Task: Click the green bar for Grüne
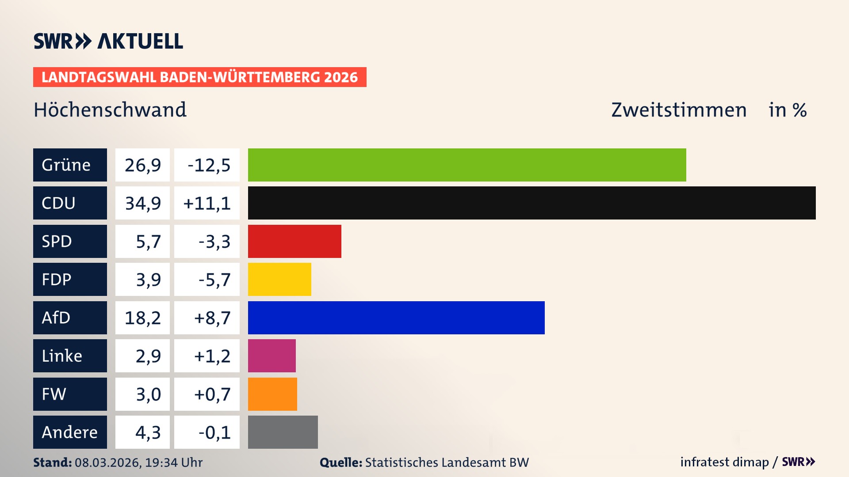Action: coord(467,165)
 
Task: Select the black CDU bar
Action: coord(532,203)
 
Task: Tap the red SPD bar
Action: coord(294,241)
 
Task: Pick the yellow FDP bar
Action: coord(279,279)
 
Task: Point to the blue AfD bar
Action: coord(396,318)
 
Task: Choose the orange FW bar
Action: coord(272,394)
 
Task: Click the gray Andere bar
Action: coord(283,432)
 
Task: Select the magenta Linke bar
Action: coord(272,356)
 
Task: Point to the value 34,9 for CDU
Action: coord(142,203)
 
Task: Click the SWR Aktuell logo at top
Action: coord(108,41)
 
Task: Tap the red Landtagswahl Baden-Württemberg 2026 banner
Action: coord(199,77)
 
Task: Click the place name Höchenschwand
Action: coord(110,110)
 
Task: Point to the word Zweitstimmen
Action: coord(679,110)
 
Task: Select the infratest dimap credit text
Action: coord(724,462)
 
